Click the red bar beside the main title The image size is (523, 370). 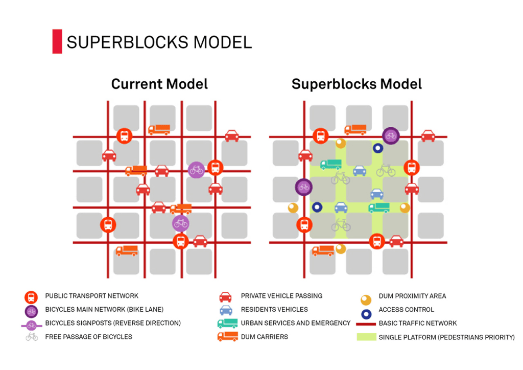coord(57,41)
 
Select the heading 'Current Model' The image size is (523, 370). coord(159,84)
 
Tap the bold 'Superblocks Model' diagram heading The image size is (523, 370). coord(356,84)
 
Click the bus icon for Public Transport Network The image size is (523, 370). coord(31,297)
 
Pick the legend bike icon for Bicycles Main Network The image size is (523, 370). coord(31,310)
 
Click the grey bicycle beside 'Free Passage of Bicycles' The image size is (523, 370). coord(32,337)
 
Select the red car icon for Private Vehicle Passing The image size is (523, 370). coord(225,297)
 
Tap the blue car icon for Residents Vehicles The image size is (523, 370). coord(225,310)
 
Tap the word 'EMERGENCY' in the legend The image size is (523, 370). coord(332,323)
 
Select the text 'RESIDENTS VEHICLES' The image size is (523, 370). coord(274,309)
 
